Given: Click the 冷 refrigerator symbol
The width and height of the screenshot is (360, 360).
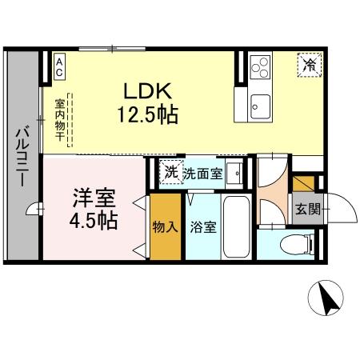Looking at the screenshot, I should point(307,65).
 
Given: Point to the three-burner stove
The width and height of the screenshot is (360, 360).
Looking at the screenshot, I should point(260,66).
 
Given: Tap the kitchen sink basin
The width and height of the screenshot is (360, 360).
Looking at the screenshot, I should point(261,102).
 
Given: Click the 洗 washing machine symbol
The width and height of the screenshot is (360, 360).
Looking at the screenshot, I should point(170,172).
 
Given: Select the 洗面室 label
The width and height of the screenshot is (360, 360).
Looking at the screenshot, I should point(202,173).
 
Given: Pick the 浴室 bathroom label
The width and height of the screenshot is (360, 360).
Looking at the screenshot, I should point(202,227).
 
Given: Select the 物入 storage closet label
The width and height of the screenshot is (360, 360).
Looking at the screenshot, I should point(165,227).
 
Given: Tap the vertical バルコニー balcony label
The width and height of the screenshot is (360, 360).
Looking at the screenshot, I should point(22,156).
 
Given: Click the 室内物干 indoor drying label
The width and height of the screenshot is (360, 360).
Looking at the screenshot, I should point(60,120).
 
